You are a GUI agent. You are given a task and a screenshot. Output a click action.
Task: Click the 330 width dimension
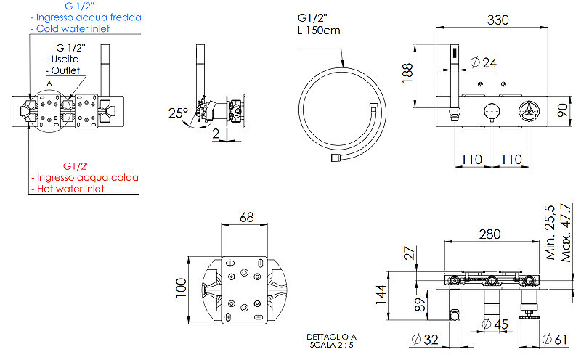coord(497,20)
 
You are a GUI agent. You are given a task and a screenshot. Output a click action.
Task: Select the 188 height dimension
coord(407,73)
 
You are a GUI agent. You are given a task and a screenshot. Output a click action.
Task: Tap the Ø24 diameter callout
coord(484,62)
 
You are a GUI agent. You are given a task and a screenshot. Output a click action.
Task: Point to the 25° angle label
coord(178,112)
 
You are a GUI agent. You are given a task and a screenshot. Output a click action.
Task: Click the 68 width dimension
coord(247,217)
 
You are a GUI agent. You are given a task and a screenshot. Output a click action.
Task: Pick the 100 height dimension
coord(181,287)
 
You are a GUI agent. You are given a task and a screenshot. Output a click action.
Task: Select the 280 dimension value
coord(489,234)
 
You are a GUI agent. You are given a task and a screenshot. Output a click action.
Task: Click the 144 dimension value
coord(381,295)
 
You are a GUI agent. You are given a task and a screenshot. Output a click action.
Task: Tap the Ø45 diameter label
coord(495,324)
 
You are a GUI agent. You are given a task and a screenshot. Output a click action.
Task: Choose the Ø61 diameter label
coord(555,339)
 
